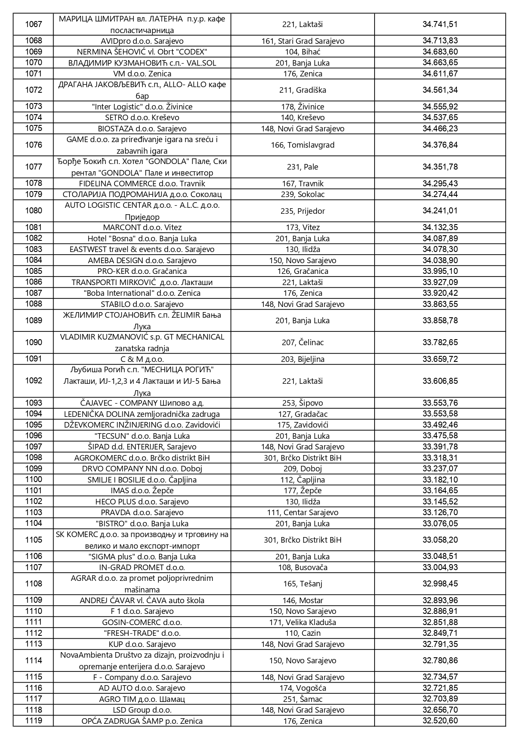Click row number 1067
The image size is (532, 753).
pyautogui.click(x=33, y=24)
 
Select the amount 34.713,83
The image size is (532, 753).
pyautogui.click(x=440, y=41)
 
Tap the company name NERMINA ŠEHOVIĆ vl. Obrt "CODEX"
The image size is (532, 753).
pyautogui.click(x=142, y=52)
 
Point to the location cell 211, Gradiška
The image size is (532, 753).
pyautogui.click(x=302, y=90)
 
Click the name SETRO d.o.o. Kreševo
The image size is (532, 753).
pyautogui.click(x=142, y=118)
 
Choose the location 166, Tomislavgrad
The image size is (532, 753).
pyautogui.click(x=302, y=145)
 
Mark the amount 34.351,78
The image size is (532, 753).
pyautogui.click(x=440, y=167)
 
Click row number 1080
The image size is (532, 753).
pyautogui.click(x=33, y=211)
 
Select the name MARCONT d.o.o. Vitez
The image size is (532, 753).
pyautogui.click(x=142, y=228)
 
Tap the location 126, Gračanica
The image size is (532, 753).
pyautogui.click(x=302, y=271)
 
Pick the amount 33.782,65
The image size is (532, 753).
pyautogui.click(x=440, y=343)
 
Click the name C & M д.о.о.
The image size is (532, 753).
pyautogui.click(x=142, y=359)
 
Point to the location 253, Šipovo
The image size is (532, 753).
pyautogui.click(x=302, y=403)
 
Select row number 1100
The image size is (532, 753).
pyautogui.click(x=33, y=480)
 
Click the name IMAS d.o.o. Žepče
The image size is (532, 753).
pyautogui.click(x=142, y=491)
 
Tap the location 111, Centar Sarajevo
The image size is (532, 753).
pyautogui.click(x=302, y=513)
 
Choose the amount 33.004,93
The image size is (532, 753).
pyautogui.click(x=440, y=568)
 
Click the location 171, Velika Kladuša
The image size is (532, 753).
pyautogui.click(x=302, y=622)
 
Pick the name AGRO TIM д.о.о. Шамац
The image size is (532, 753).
pyautogui.click(x=142, y=699)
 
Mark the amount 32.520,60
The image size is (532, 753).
pyautogui.click(x=440, y=721)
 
